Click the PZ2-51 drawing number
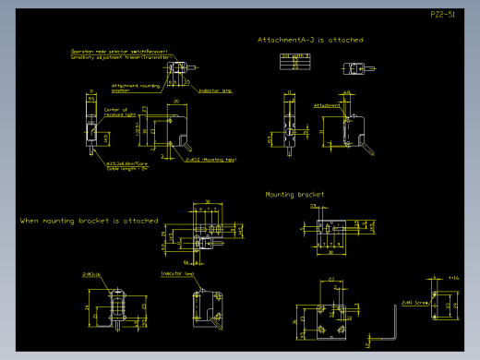coord(443,15)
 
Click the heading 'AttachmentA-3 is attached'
coord(310,41)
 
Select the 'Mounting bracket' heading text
coord(294,195)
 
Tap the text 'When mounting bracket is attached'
coord(89,222)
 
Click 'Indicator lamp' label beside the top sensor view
coord(214,90)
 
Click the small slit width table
coord(294,61)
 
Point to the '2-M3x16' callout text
coord(92,274)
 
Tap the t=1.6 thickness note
coord(452,277)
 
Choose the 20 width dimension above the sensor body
coord(176,102)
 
